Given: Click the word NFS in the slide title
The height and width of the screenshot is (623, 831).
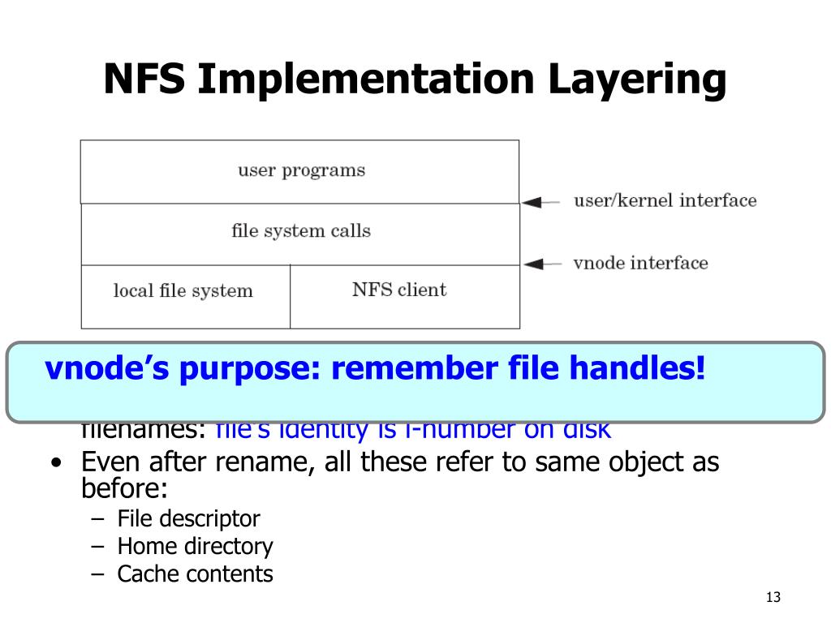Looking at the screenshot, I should point(144,80).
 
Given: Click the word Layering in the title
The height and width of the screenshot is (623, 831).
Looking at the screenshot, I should point(637,80).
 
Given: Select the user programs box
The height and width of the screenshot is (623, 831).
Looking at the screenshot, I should point(300,171).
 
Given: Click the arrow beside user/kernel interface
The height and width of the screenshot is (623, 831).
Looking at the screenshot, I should point(540,202).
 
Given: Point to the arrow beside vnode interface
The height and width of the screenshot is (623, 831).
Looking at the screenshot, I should point(540,263).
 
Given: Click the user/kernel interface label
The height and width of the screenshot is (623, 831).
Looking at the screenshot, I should point(665,200).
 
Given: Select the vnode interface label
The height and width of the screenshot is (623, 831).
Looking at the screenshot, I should point(640,263).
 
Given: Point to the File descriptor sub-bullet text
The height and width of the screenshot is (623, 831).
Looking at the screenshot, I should point(188,518).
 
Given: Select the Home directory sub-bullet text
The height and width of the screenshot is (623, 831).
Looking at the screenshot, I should point(195,546).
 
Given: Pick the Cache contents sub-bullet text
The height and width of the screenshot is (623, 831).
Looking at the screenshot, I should point(195,574).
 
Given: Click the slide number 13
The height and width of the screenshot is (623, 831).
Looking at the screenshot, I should point(772,598).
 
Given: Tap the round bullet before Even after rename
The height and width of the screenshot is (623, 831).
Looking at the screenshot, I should point(54,464).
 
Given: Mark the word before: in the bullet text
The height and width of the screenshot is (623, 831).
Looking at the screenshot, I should point(124,489).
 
